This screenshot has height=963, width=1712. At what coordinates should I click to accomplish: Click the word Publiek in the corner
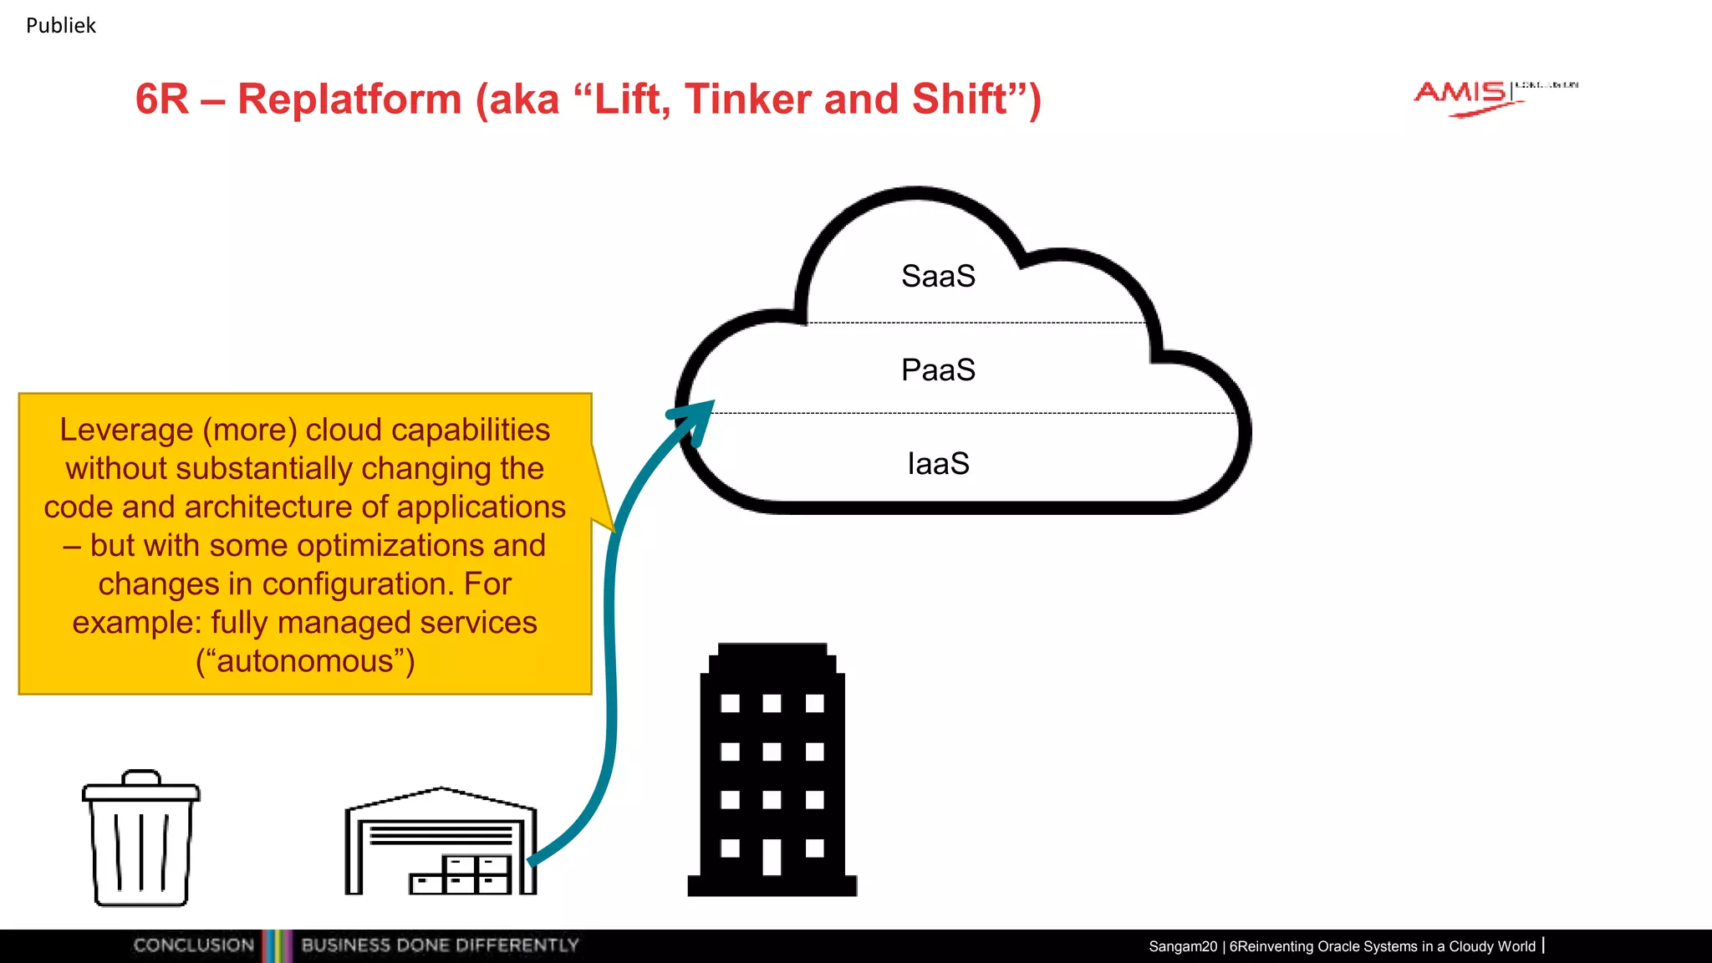coord(61,26)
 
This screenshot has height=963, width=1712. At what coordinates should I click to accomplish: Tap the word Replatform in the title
coord(349,99)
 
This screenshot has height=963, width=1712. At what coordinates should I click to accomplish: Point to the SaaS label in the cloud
coord(938,277)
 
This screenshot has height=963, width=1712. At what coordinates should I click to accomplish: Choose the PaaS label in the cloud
coord(938,370)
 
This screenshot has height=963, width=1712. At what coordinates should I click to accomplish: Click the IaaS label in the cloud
coord(938,464)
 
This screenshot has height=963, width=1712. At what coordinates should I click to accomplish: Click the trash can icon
coord(140,840)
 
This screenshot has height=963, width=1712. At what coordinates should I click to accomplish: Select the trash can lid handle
coord(140,777)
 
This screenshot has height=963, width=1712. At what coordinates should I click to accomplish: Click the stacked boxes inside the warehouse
coord(462,875)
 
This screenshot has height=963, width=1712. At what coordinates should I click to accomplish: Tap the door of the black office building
coord(772,857)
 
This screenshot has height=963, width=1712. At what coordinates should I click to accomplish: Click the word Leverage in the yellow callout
coord(125,431)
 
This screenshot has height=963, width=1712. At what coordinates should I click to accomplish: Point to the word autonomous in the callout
coord(305,661)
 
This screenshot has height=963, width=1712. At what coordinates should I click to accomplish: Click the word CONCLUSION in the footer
coord(193,945)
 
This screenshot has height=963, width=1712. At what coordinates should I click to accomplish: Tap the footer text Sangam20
coord(1182,946)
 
